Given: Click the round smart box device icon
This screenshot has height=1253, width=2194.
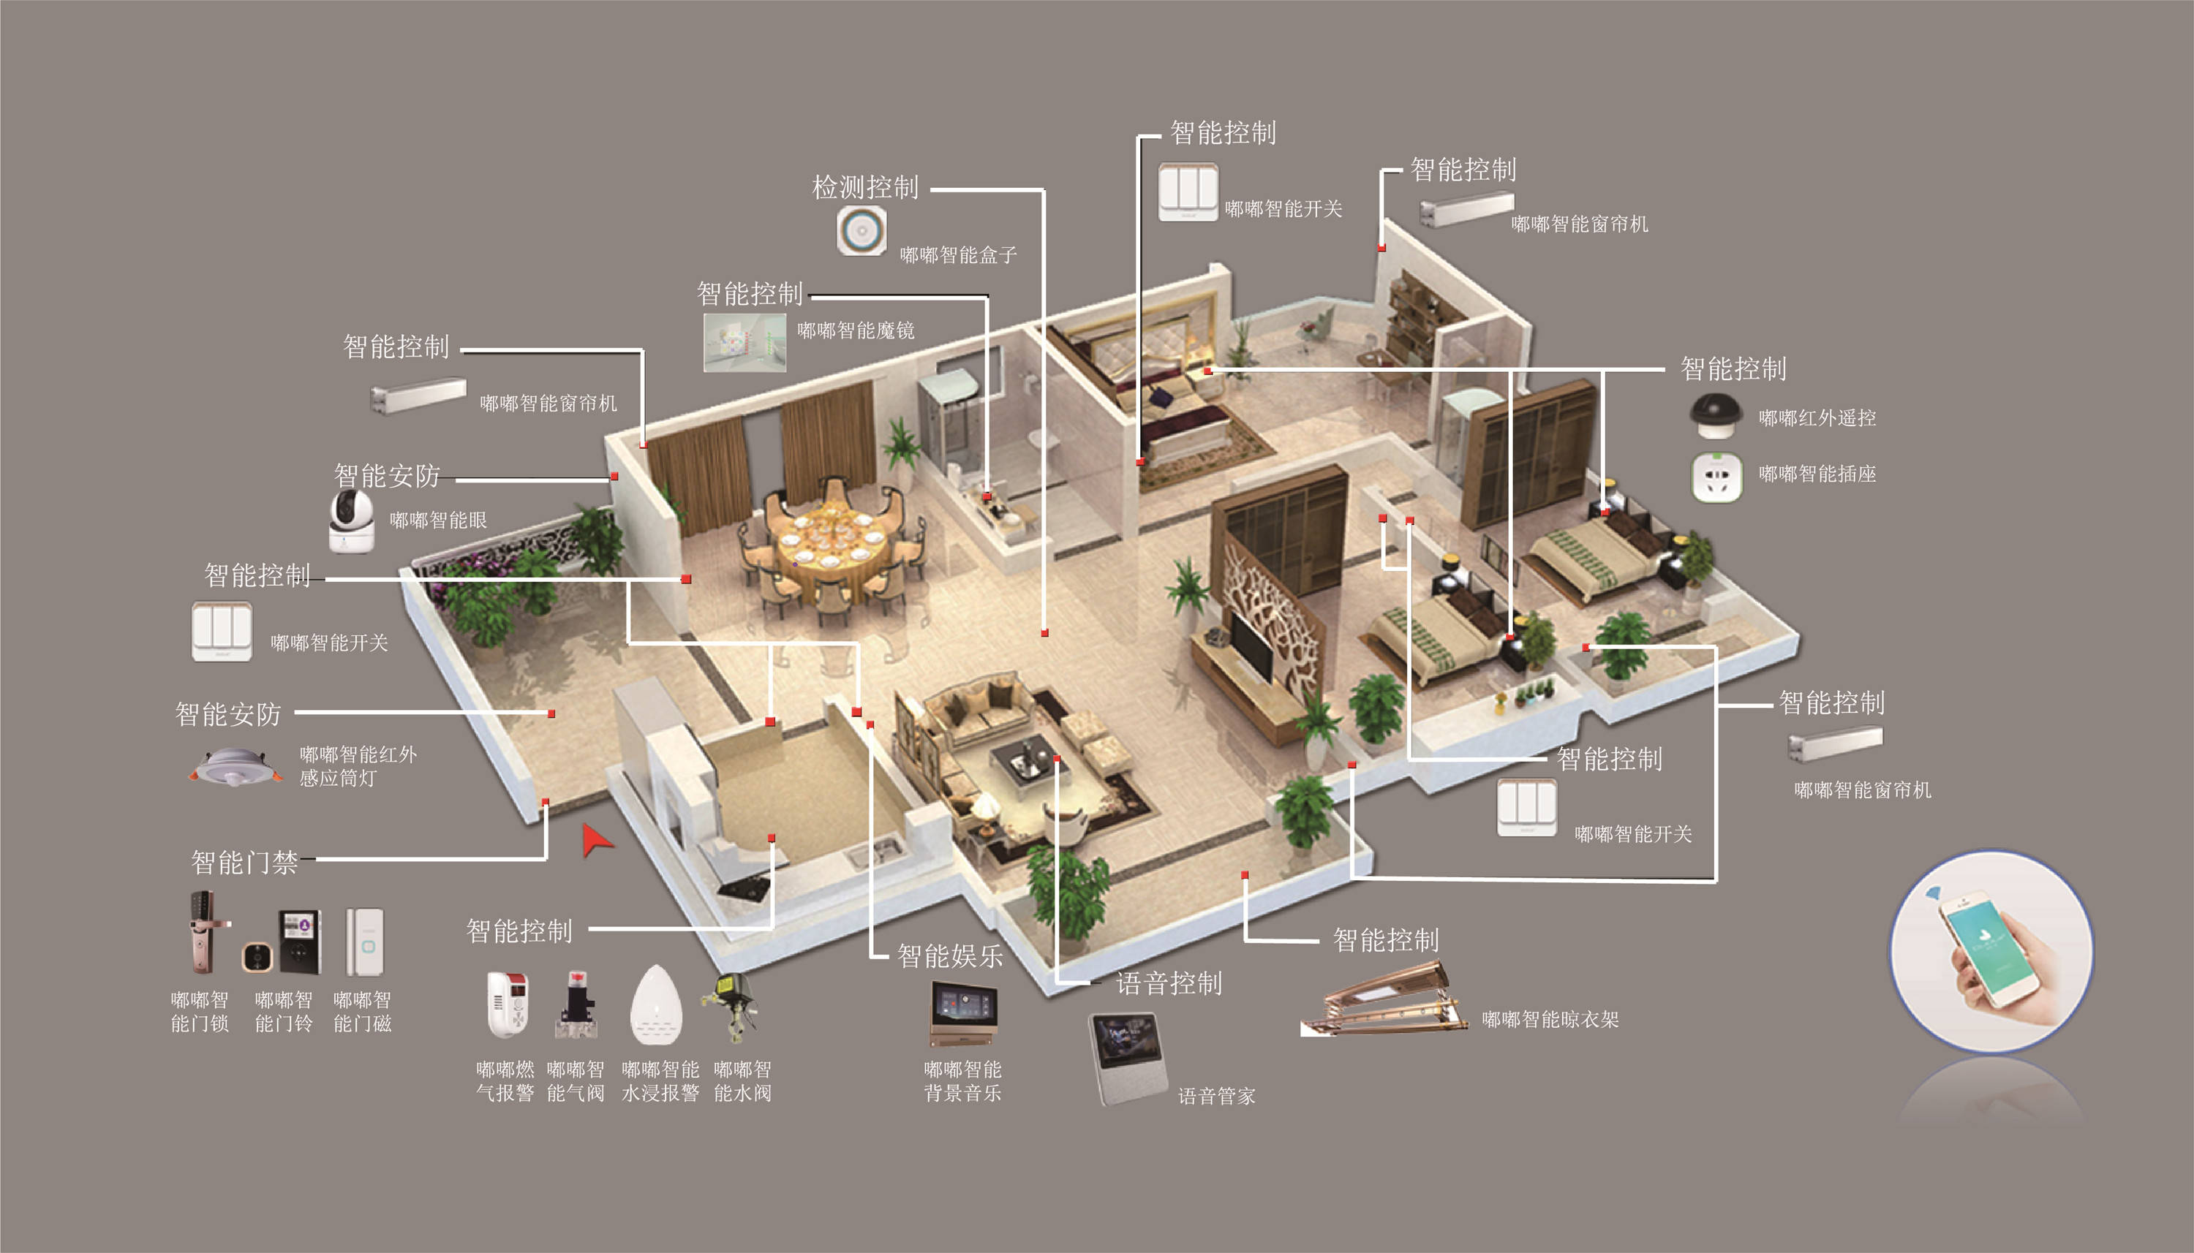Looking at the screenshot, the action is pos(862,230).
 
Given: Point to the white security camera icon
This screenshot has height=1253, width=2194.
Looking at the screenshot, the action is pos(351,520).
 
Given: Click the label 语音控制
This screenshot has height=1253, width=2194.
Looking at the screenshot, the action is pos(1169,983).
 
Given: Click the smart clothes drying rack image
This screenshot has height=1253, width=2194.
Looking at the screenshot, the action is pos(1384,1000).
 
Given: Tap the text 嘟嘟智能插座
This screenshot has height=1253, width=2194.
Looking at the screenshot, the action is pos(1817,474).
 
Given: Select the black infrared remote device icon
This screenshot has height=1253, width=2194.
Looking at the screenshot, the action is pos(1716,416).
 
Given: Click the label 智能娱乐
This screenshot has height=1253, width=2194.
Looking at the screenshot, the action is pos(950,956).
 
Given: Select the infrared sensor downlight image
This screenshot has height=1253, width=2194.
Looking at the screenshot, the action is pos(235,767).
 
